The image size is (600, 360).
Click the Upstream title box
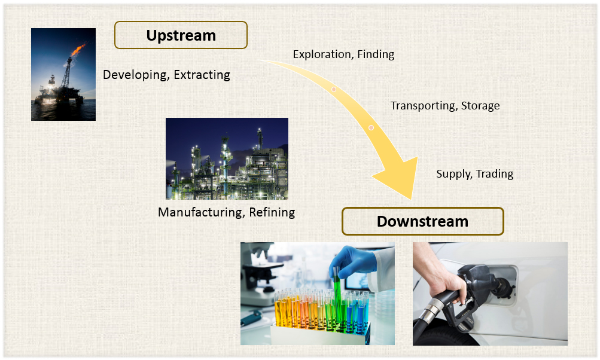[x=181, y=35]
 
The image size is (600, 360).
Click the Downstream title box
[x=423, y=221]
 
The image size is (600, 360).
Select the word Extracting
[x=202, y=75]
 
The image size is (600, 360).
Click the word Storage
[x=480, y=106]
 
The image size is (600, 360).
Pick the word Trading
[x=495, y=174]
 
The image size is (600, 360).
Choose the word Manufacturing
[x=201, y=212]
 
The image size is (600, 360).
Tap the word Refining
[x=272, y=212]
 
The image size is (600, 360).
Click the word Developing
[x=136, y=75]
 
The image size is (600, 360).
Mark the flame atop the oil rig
[x=78, y=50]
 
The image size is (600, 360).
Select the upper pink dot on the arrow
[x=334, y=89]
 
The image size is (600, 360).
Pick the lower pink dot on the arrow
[x=371, y=127]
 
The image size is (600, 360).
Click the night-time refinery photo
[x=227, y=158]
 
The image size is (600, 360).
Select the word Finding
[x=376, y=54]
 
